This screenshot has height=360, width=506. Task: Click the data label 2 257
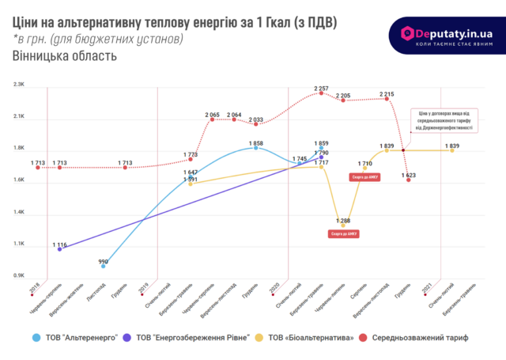[321, 88]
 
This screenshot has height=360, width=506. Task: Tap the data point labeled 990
[104, 266]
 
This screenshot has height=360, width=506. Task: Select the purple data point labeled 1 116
[60, 249]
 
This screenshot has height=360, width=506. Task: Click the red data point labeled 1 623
[409, 180]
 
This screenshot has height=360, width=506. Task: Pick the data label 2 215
[387, 93]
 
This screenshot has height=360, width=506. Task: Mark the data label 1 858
[255, 140]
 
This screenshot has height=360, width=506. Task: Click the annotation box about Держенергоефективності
[448, 120]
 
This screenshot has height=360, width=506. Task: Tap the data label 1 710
[364, 163]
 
